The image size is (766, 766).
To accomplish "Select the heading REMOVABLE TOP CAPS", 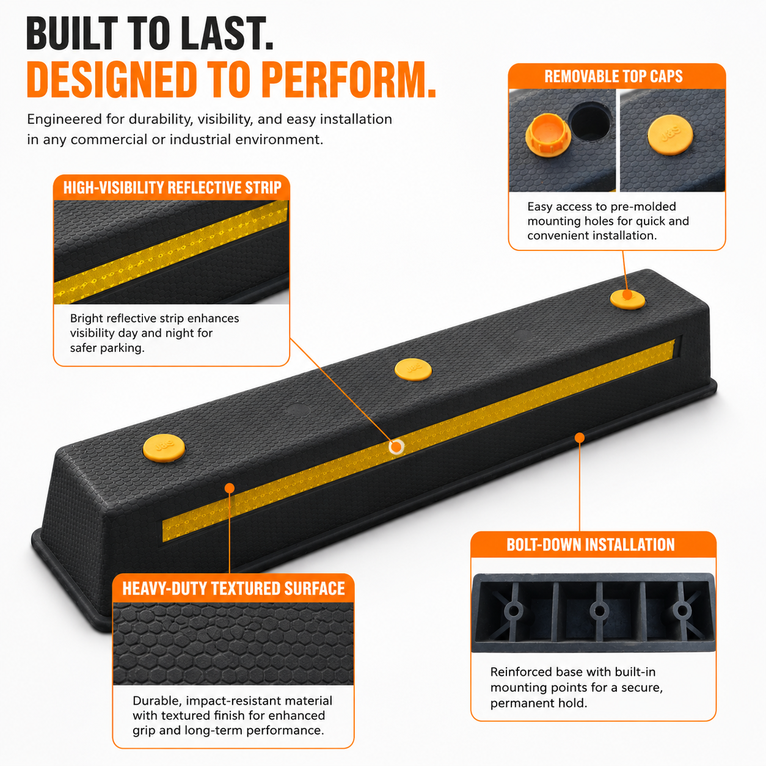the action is coord(613,76).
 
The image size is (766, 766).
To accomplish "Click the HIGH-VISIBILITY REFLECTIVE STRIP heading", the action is coord(172,188).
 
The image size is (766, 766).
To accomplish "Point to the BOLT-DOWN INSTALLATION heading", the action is coord(590,545).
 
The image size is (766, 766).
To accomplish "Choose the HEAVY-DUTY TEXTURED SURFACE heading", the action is coord(233,589).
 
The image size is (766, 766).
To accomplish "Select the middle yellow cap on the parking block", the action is coord(413,370).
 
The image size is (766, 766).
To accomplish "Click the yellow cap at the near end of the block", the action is coord(164,448).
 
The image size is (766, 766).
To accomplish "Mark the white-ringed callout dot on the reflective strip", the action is coord(396,447).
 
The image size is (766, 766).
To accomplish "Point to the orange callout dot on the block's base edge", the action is coord(580,437).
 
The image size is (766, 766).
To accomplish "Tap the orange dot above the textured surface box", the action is coord(229,488).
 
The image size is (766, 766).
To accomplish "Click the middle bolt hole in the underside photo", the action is coord(599,610).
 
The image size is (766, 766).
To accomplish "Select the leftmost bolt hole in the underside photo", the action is coord(514,610).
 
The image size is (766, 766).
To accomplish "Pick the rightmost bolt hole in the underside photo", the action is coord(682,610).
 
